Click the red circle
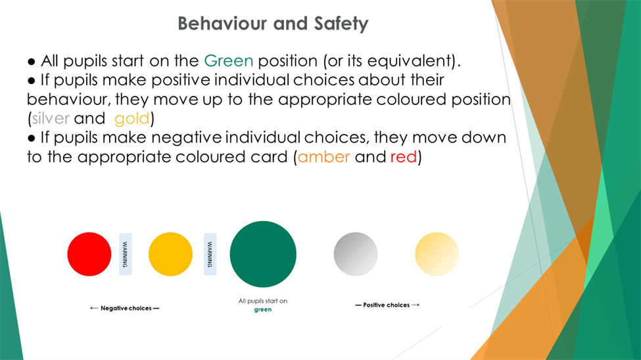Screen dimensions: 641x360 coord(89,254)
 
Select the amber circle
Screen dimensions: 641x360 coord(170,254)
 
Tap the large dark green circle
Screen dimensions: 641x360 coord(263,254)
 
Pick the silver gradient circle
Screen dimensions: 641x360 coord(356,254)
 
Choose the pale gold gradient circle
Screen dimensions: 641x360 coord(437,254)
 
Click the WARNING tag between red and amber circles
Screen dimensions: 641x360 coord(126,254)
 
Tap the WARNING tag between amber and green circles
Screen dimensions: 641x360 coord(210,254)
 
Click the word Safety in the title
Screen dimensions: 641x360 coord(341,24)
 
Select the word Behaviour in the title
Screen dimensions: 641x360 coord(223,23)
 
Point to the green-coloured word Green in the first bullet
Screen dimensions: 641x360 coord(229,61)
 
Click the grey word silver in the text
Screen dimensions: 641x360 coord(51,118)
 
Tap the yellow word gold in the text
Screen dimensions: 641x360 coord(132,119)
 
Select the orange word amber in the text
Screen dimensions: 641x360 coord(323,157)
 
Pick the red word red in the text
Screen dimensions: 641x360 coord(404,157)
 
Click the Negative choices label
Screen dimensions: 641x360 coord(126,308)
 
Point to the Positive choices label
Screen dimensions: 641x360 coord(387,305)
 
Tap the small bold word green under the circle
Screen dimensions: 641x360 coord(263,309)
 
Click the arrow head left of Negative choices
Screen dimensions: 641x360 coord(91,308)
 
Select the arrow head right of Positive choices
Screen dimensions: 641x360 coord(417,305)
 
